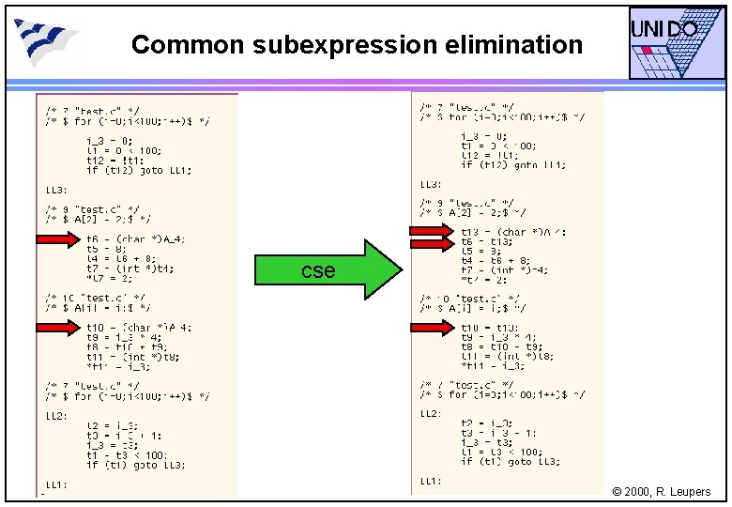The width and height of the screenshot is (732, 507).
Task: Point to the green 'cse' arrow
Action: click(329, 269)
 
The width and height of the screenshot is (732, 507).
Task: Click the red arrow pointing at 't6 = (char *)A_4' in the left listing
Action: click(58, 239)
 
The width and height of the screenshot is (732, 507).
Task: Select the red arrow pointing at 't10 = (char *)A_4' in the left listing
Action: click(58, 327)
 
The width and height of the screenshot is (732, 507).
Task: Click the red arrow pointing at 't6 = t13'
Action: click(431, 241)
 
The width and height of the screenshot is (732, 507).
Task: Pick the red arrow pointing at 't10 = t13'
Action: click(431, 328)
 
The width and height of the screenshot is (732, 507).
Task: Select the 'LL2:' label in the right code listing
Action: click(431, 413)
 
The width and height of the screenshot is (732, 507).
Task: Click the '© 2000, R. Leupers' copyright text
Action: click(661, 492)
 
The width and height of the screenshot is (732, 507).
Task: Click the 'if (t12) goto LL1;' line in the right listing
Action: click(512, 165)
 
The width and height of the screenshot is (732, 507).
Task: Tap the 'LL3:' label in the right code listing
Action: click(431, 184)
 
